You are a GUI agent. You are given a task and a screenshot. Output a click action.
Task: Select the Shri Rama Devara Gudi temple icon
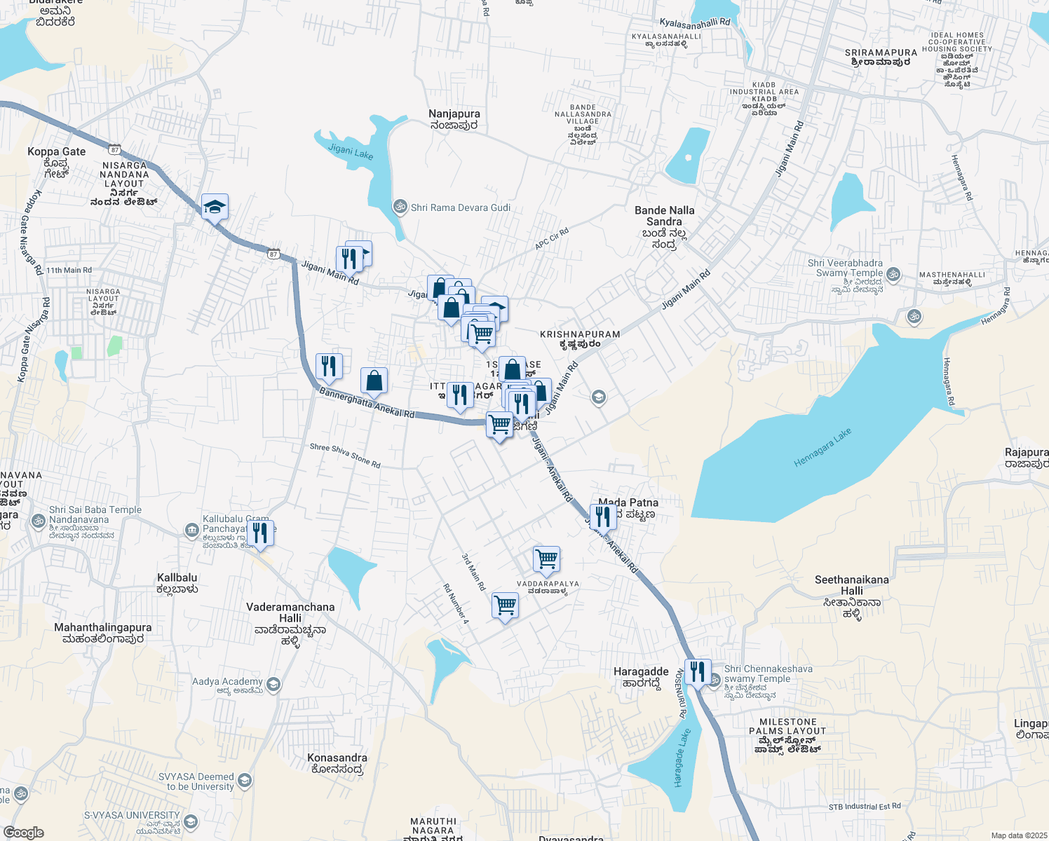tap(400, 207)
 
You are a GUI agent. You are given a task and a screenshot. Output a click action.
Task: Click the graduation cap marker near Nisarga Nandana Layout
tap(215, 207)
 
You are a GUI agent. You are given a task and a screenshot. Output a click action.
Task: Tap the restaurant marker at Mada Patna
tap(603, 517)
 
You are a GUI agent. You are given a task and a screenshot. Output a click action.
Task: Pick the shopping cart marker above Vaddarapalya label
tap(546, 559)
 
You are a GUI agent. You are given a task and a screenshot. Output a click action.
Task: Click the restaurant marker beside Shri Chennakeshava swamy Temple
tap(698, 672)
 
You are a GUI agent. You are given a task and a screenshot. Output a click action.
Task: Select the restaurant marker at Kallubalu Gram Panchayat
tap(260, 533)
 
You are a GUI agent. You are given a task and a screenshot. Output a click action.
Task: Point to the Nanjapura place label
tap(454, 114)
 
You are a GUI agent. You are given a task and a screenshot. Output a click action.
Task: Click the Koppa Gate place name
tap(56, 151)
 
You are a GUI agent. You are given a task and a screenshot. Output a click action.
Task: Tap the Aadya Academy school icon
tap(273, 683)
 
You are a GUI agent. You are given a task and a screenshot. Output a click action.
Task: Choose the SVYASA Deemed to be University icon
tap(244, 780)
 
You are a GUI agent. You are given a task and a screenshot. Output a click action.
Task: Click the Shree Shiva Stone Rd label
tap(345, 456)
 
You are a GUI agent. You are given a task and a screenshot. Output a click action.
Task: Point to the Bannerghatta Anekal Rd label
tap(367, 403)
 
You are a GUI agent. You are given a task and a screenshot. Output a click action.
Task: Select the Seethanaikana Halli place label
tap(851, 585)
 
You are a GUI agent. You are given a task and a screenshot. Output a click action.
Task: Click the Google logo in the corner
tap(23, 832)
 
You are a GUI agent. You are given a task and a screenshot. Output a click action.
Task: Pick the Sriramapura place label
tap(881, 53)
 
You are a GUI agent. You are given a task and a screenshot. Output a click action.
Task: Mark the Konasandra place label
tap(337, 758)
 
